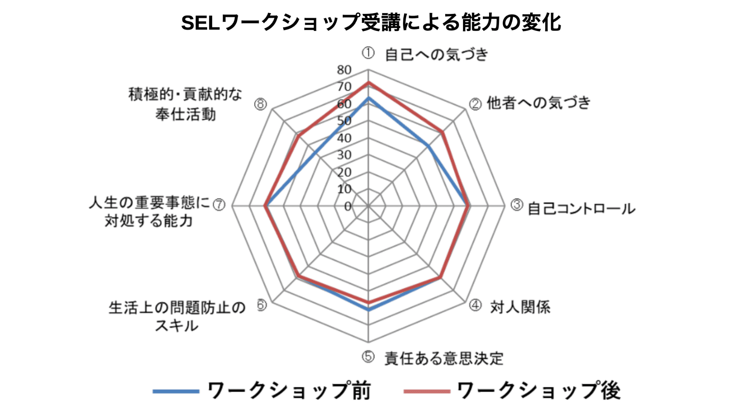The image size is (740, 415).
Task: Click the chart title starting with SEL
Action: [x=371, y=22]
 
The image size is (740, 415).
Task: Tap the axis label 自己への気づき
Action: [x=436, y=55]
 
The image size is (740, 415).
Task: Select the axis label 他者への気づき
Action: [x=539, y=103]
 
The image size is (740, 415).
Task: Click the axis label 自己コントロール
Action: [x=581, y=209]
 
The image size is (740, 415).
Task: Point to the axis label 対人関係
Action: [x=520, y=307]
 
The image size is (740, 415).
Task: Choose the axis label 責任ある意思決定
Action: [x=444, y=358]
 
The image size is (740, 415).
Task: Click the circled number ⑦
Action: [x=219, y=204]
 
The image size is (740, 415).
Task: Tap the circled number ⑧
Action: [x=260, y=104]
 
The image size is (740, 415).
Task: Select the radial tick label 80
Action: [x=344, y=70]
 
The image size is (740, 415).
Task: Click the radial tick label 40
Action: [x=344, y=138]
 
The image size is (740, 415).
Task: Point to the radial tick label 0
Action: [x=348, y=206]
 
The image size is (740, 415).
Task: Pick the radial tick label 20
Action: [x=344, y=172]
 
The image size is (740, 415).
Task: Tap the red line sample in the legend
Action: [x=426, y=391]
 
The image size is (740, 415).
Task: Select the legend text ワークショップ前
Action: [x=289, y=391]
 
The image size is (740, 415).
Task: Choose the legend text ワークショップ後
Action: [x=539, y=391]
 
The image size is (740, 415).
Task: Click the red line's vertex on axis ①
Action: [x=368, y=83]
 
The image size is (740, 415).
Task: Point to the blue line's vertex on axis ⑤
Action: [x=368, y=310]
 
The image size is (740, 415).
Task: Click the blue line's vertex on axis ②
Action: [x=428, y=146]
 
